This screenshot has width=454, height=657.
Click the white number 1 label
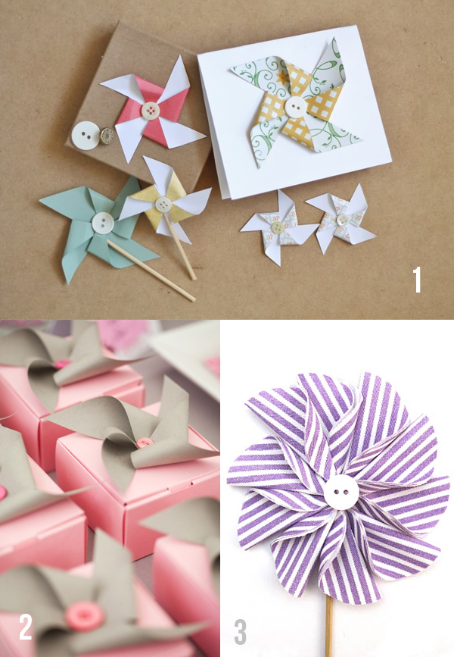[417, 279]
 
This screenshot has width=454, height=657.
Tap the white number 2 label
[26, 627]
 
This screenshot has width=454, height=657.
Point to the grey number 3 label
[240, 632]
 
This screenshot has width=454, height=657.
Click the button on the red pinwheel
[151, 111]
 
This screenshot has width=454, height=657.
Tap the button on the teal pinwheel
[102, 223]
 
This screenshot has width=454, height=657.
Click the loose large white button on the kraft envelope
[86, 136]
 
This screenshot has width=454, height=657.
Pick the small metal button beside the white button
[107, 136]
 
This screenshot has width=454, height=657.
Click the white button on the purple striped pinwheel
[342, 492]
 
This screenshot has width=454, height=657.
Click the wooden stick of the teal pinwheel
[151, 271]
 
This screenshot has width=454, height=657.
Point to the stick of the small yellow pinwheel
[180, 247]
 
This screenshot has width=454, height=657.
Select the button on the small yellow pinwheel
[163, 204]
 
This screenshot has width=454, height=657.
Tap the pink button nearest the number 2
[85, 616]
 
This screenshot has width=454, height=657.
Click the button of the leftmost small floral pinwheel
[278, 227]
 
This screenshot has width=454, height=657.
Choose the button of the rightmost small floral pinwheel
[343, 219]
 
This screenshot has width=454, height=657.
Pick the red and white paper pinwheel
[151, 110]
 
